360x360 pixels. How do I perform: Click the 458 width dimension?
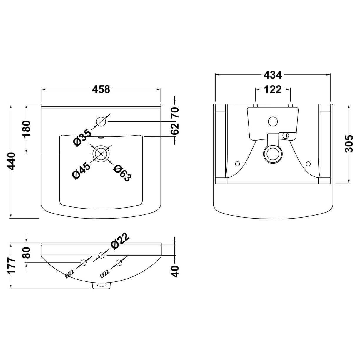(x=101, y=89)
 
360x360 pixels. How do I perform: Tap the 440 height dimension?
(x=12, y=161)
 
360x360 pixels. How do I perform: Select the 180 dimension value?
(x=27, y=129)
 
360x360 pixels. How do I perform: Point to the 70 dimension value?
(x=175, y=112)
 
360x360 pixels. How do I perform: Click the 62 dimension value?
(x=175, y=129)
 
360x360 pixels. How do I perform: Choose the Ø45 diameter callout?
(x=81, y=170)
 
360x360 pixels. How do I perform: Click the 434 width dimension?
(x=273, y=75)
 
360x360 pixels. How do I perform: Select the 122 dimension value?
(x=273, y=89)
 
